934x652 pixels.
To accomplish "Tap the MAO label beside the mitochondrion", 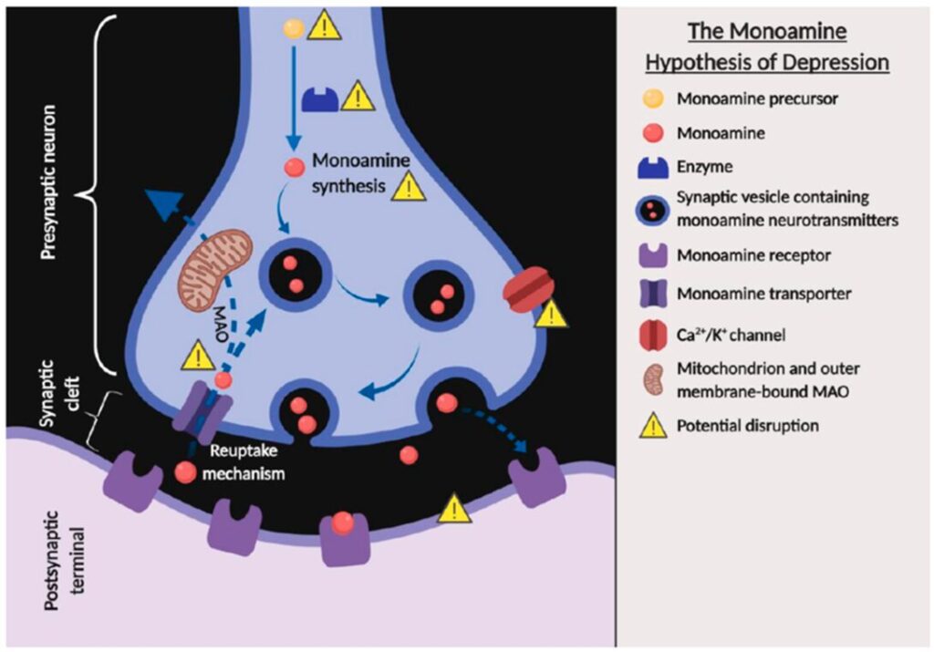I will [x=216, y=324].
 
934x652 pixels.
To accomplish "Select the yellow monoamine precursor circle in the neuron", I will [x=293, y=28].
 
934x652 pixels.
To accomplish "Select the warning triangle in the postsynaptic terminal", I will [x=453, y=510].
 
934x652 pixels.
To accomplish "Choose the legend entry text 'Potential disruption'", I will [x=742, y=425].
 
